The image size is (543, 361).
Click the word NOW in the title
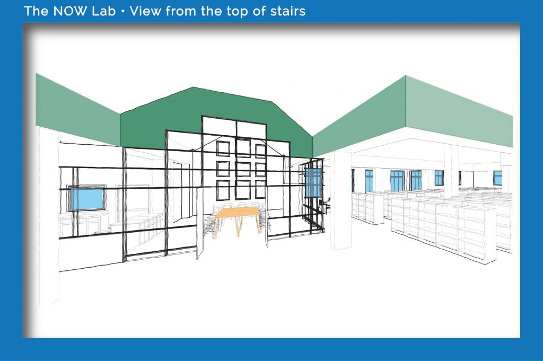tap(69, 11)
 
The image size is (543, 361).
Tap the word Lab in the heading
tap(103, 11)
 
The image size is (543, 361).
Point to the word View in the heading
tap(145, 11)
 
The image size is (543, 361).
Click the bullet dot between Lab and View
tap(122, 12)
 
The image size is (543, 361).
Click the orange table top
tap(238, 212)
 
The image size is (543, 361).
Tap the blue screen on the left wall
tap(87, 198)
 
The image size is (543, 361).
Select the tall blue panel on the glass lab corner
tap(314, 183)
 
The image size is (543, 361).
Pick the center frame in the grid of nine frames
tap(243, 169)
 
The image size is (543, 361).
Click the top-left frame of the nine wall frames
tap(223, 148)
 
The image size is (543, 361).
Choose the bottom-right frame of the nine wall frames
tap(260, 189)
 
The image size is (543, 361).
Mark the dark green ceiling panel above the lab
tap(216, 118)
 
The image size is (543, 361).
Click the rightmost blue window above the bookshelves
tap(497, 178)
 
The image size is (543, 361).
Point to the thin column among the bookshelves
tap(451, 171)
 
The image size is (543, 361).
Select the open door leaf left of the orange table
tap(200, 224)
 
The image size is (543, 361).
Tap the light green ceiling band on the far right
tap(459, 111)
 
